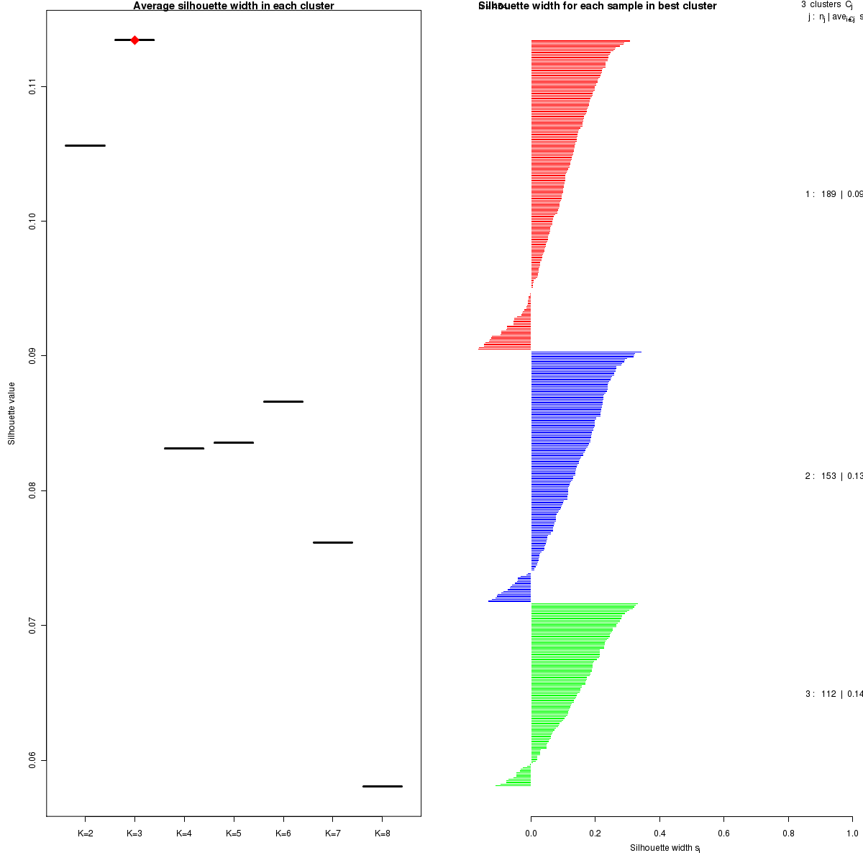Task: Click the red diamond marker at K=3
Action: coord(134,40)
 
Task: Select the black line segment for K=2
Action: coord(85,146)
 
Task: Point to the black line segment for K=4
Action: coord(184,448)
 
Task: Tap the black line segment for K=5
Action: coord(234,442)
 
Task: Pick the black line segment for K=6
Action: coord(283,401)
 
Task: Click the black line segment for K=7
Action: coord(333,542)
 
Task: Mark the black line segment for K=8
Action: coord(382,786)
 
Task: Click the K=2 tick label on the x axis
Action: coord(85,834)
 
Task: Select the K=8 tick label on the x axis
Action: coord(382,834)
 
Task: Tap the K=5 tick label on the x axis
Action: coord(234,834)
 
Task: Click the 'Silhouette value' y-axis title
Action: coord(12,414)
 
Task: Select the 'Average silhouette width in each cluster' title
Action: coord(234,6)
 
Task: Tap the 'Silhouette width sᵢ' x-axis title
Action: coord(665,848)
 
